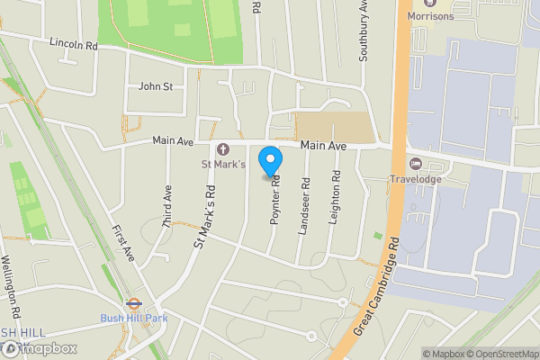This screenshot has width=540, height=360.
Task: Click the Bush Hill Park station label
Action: pos(133,318)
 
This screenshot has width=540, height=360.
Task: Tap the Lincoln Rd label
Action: pos(74,42)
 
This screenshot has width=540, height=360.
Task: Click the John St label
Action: pos(155,86)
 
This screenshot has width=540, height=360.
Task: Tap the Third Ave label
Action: pos(167,206)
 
